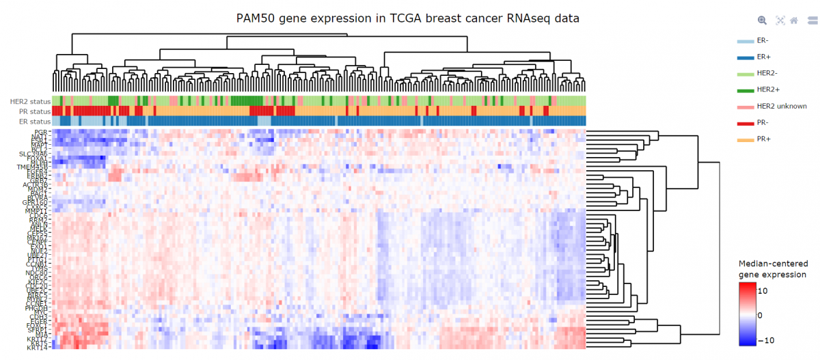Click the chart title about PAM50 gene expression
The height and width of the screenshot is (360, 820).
tap(408, 18)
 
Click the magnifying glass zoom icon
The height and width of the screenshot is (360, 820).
tap(763, 20)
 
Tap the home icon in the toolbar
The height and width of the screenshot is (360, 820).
tap(794, 20)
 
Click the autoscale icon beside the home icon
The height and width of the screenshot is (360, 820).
tap(780, 20)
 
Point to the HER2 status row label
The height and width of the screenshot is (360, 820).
tap(30, 102)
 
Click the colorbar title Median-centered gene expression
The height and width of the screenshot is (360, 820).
tap(773, 268)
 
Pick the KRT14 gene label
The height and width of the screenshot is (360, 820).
tap(38, 348)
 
